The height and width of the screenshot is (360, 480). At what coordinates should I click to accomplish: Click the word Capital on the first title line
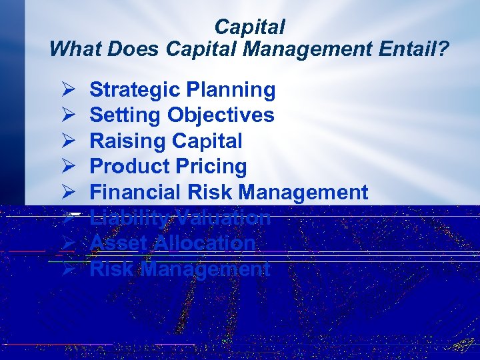click(x=249, y=27)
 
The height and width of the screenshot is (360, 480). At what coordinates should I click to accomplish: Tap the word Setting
click(x=125, y=115)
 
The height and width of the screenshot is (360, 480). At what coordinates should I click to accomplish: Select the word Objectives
click(x=221, y=115)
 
